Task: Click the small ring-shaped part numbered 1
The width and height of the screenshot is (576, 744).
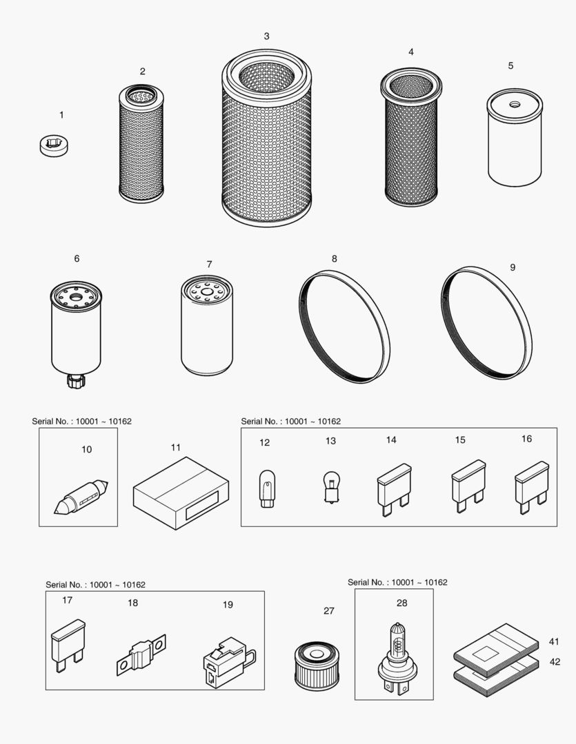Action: tap(54, 146)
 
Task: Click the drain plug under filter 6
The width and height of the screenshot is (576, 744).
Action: tap(75, 380)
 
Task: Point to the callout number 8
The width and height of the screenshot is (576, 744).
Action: tap(335, 259)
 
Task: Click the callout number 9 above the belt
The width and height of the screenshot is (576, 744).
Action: tap(512, 267)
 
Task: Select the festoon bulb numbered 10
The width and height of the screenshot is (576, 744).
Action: tap(81, 496)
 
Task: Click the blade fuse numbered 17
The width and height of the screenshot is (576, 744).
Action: tap(68, 641)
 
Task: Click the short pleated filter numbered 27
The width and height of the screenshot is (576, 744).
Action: tap(317, 665)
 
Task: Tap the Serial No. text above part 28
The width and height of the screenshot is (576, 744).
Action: tap(397, 582)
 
